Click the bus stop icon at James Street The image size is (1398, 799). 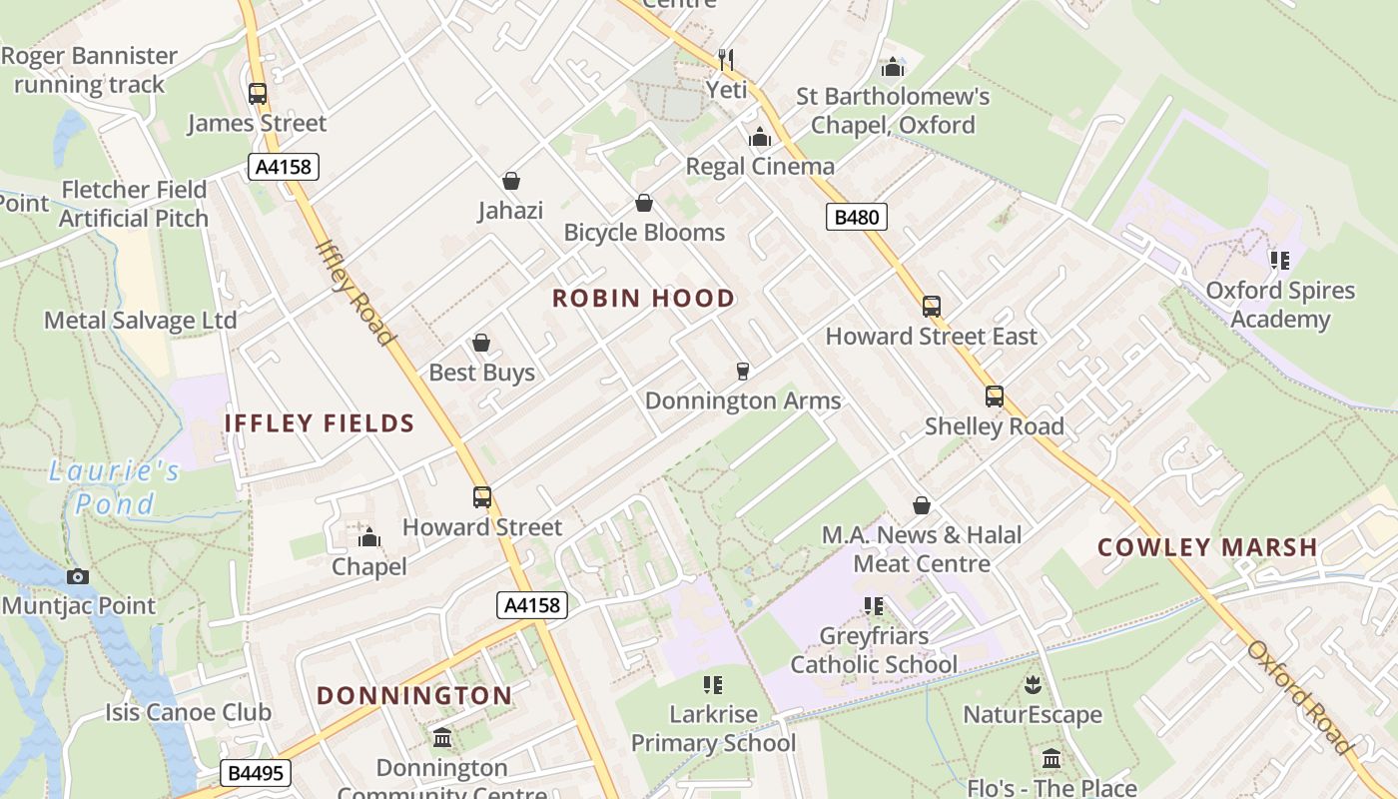[258, 94]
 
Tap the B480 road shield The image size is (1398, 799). [856, 217]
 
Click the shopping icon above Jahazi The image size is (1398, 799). [511, 181]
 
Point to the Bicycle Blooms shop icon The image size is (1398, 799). [644, 204]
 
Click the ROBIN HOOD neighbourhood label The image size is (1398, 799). [643, 299]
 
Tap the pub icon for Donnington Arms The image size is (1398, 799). [742, 372]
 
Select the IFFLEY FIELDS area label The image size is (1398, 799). [320, 423]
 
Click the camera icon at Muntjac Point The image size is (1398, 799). [78, 577]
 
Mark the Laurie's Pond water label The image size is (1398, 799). [115, 486]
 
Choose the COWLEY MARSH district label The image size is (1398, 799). [1207, 547]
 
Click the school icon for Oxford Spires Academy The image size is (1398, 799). [1279, 262]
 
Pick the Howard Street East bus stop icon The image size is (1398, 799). [932, 307]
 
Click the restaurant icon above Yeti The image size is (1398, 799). [726, 60]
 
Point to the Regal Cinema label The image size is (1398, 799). [759, 166]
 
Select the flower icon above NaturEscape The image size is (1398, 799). [1033, 685]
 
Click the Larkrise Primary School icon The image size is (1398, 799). [713, 685]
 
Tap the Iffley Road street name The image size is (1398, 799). [354, 293]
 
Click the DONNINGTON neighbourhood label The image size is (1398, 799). [414, 695]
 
